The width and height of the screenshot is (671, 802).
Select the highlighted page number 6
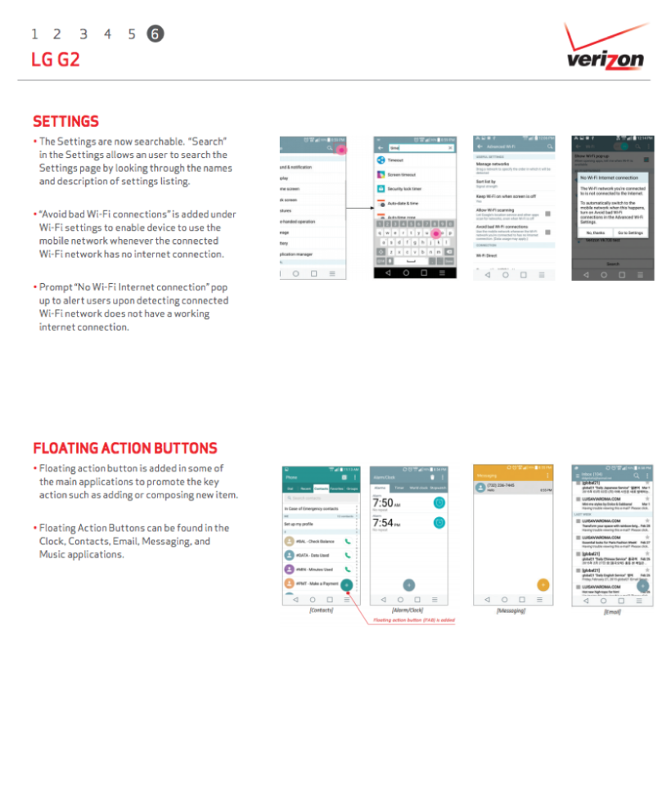click(x=155, y=34)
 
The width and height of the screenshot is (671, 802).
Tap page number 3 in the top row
click(x=83, y=34)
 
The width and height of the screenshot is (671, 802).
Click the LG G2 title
click(x=56, y=60)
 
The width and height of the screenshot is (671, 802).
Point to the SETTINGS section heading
click(x=65, y=121)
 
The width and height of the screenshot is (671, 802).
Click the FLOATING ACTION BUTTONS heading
click(x=125, y=448)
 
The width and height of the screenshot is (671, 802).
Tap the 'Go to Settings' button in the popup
click(x=630, y=232)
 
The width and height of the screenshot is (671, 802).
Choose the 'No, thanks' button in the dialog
click(x=594, y=232)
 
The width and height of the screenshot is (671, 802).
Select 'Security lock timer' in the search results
click(x=404, y=188)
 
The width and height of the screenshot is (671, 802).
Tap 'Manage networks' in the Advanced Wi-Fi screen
click(x=493, y=164)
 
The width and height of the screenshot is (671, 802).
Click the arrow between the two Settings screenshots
click(x=358, y=209)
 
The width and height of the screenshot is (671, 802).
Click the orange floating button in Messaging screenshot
click(x=543, y=584)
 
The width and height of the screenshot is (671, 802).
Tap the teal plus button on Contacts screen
click(x=346, y=585)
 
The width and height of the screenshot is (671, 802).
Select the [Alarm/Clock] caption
click(x=407, y=611)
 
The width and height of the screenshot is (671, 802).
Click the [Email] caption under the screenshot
click(x=611, y=611)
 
